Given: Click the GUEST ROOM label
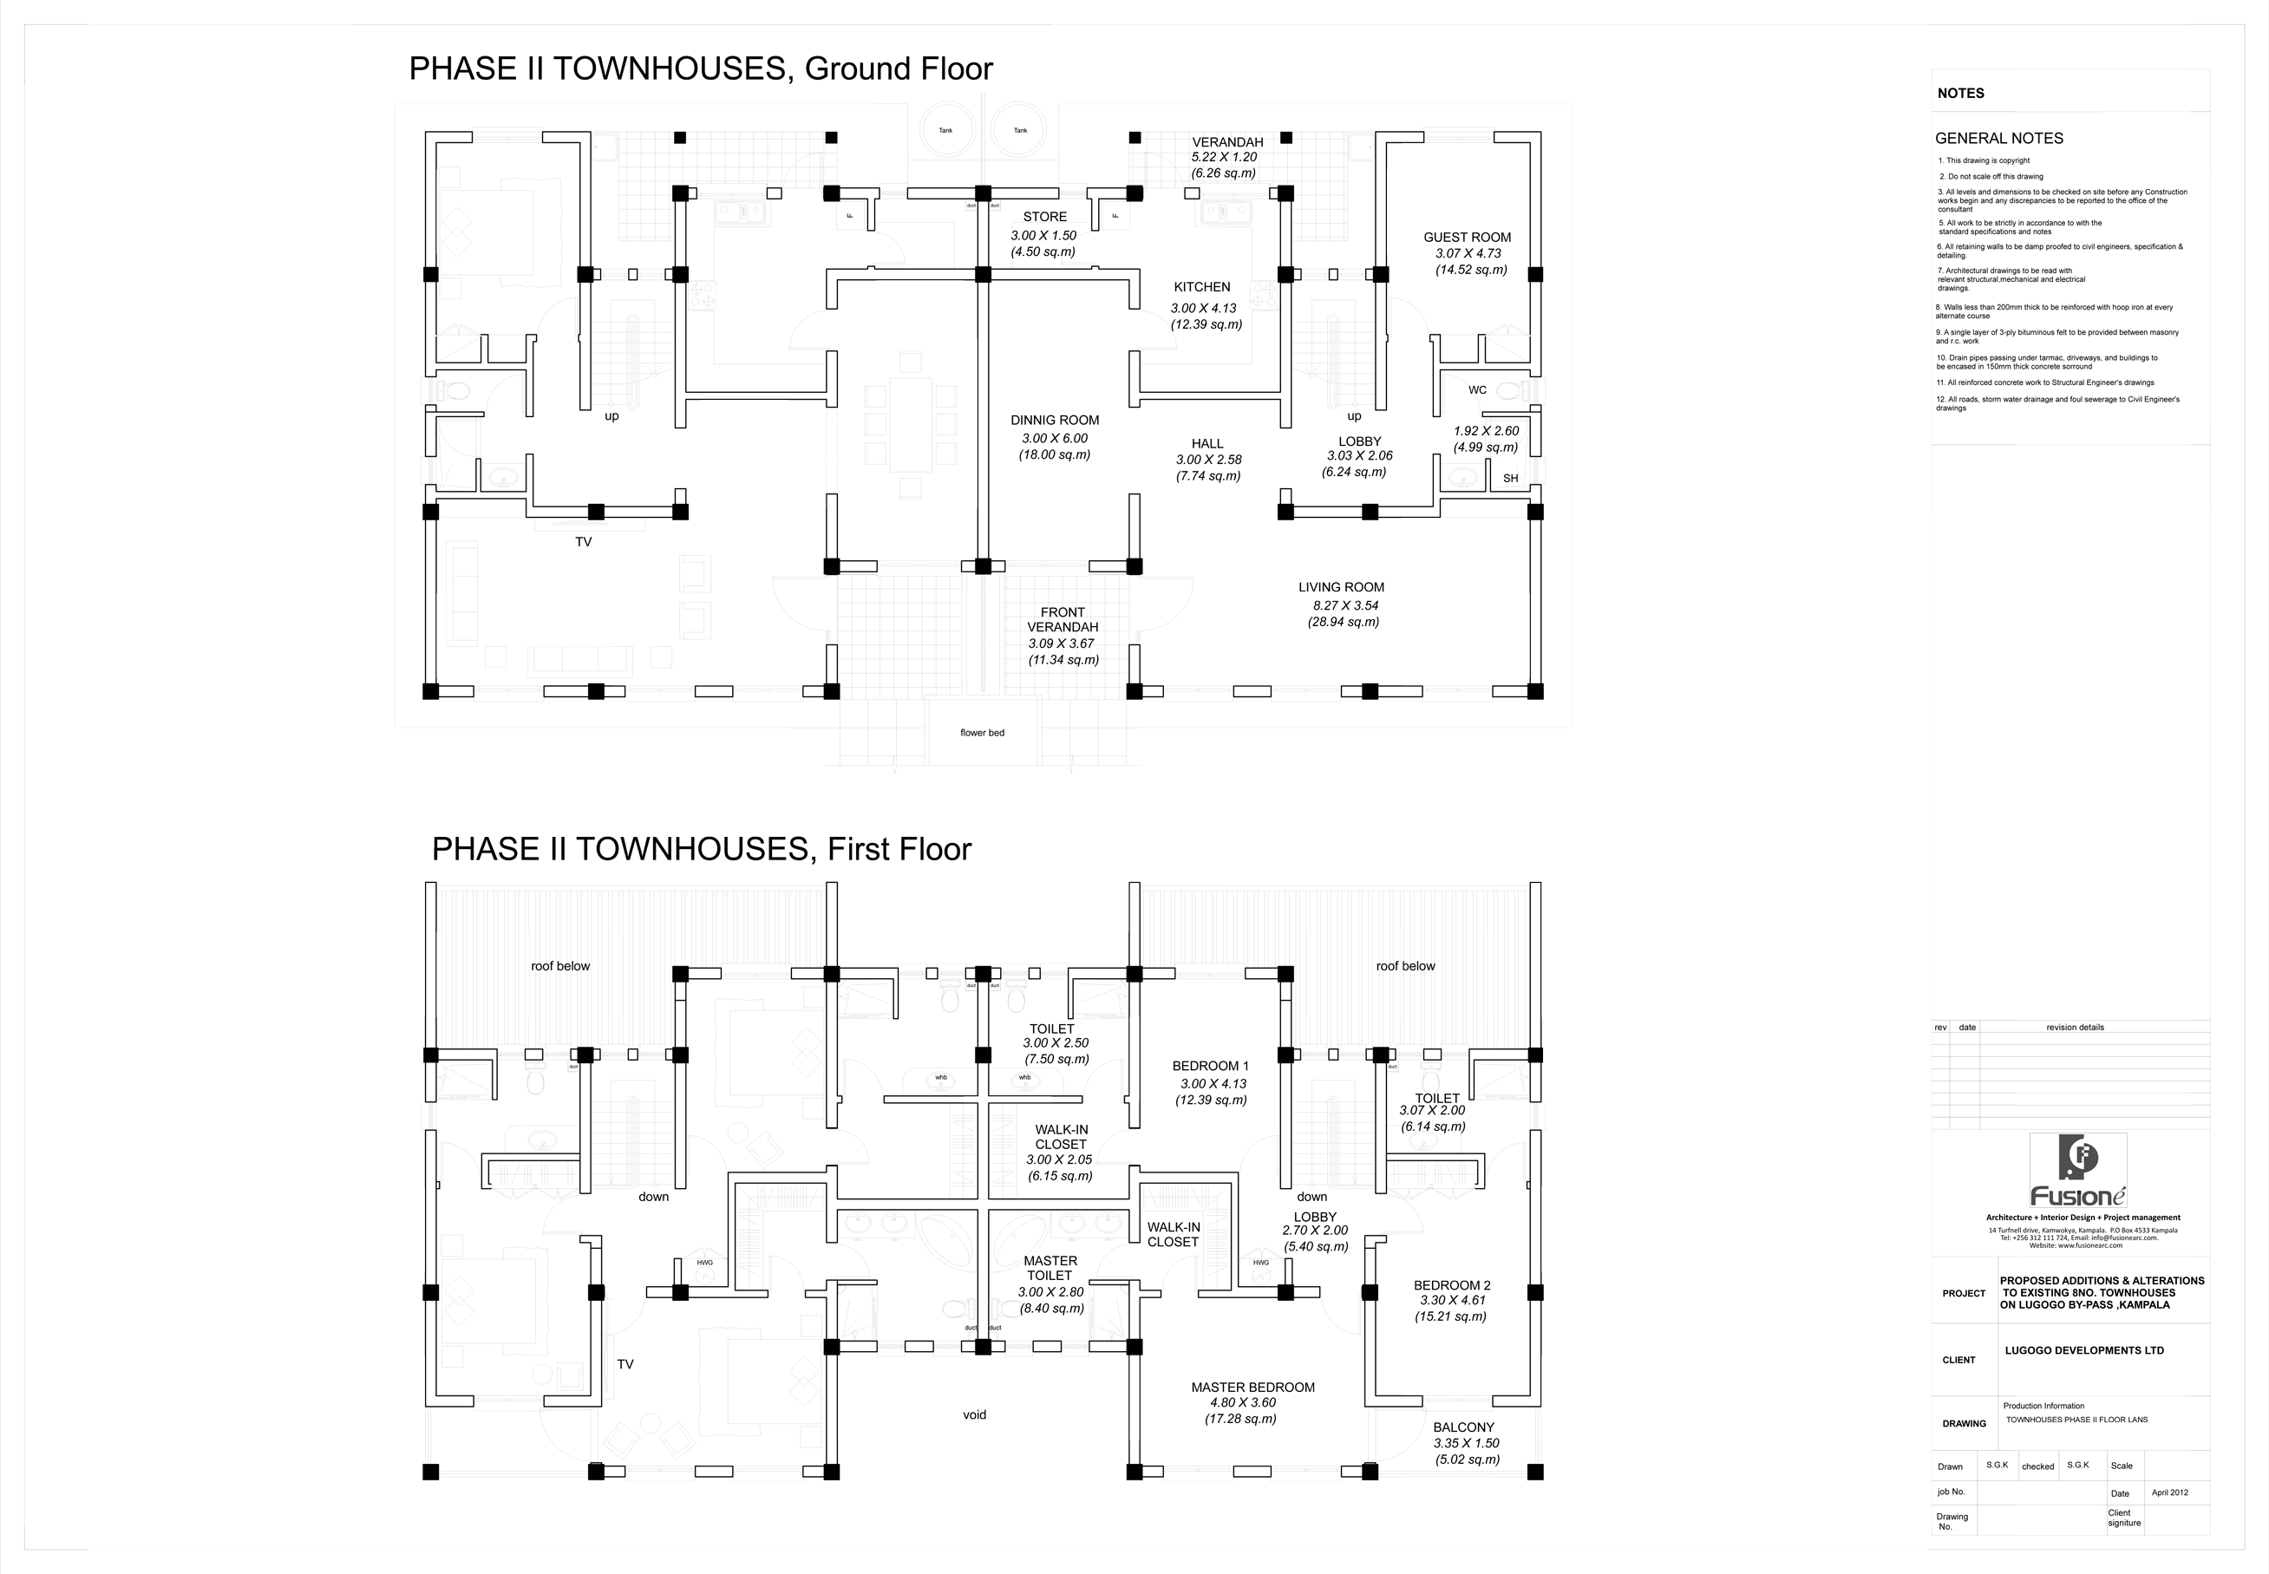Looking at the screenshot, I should point(1467,238).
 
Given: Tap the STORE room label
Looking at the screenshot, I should point(1044,217).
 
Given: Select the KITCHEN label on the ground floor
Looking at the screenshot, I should point(1201,287).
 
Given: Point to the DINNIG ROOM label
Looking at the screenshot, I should point(1054,420).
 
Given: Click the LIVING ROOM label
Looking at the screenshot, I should point(1341,588).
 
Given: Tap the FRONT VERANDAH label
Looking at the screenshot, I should point(1062,619).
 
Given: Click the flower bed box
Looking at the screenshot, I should point(982,733).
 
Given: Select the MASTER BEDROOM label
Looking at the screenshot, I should point(1252,1388).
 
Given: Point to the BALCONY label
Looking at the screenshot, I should point(1463,1427).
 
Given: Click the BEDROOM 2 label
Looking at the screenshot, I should point(1452,1285).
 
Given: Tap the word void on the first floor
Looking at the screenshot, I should point(974,1415).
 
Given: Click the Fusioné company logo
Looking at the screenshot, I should point(2076,1171).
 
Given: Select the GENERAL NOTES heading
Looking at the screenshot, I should point(1998,139).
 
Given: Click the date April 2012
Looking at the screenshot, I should point(2169,1492).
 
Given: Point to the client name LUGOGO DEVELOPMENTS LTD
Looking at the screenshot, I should point(2083,1351).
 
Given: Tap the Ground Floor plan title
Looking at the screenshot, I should point(700,69).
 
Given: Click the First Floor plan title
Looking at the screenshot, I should point(701,849).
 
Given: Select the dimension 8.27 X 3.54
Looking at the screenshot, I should point(1345,605).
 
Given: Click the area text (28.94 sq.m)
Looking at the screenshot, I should point(1343,623).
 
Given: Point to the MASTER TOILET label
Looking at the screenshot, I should point(1050,1268).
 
